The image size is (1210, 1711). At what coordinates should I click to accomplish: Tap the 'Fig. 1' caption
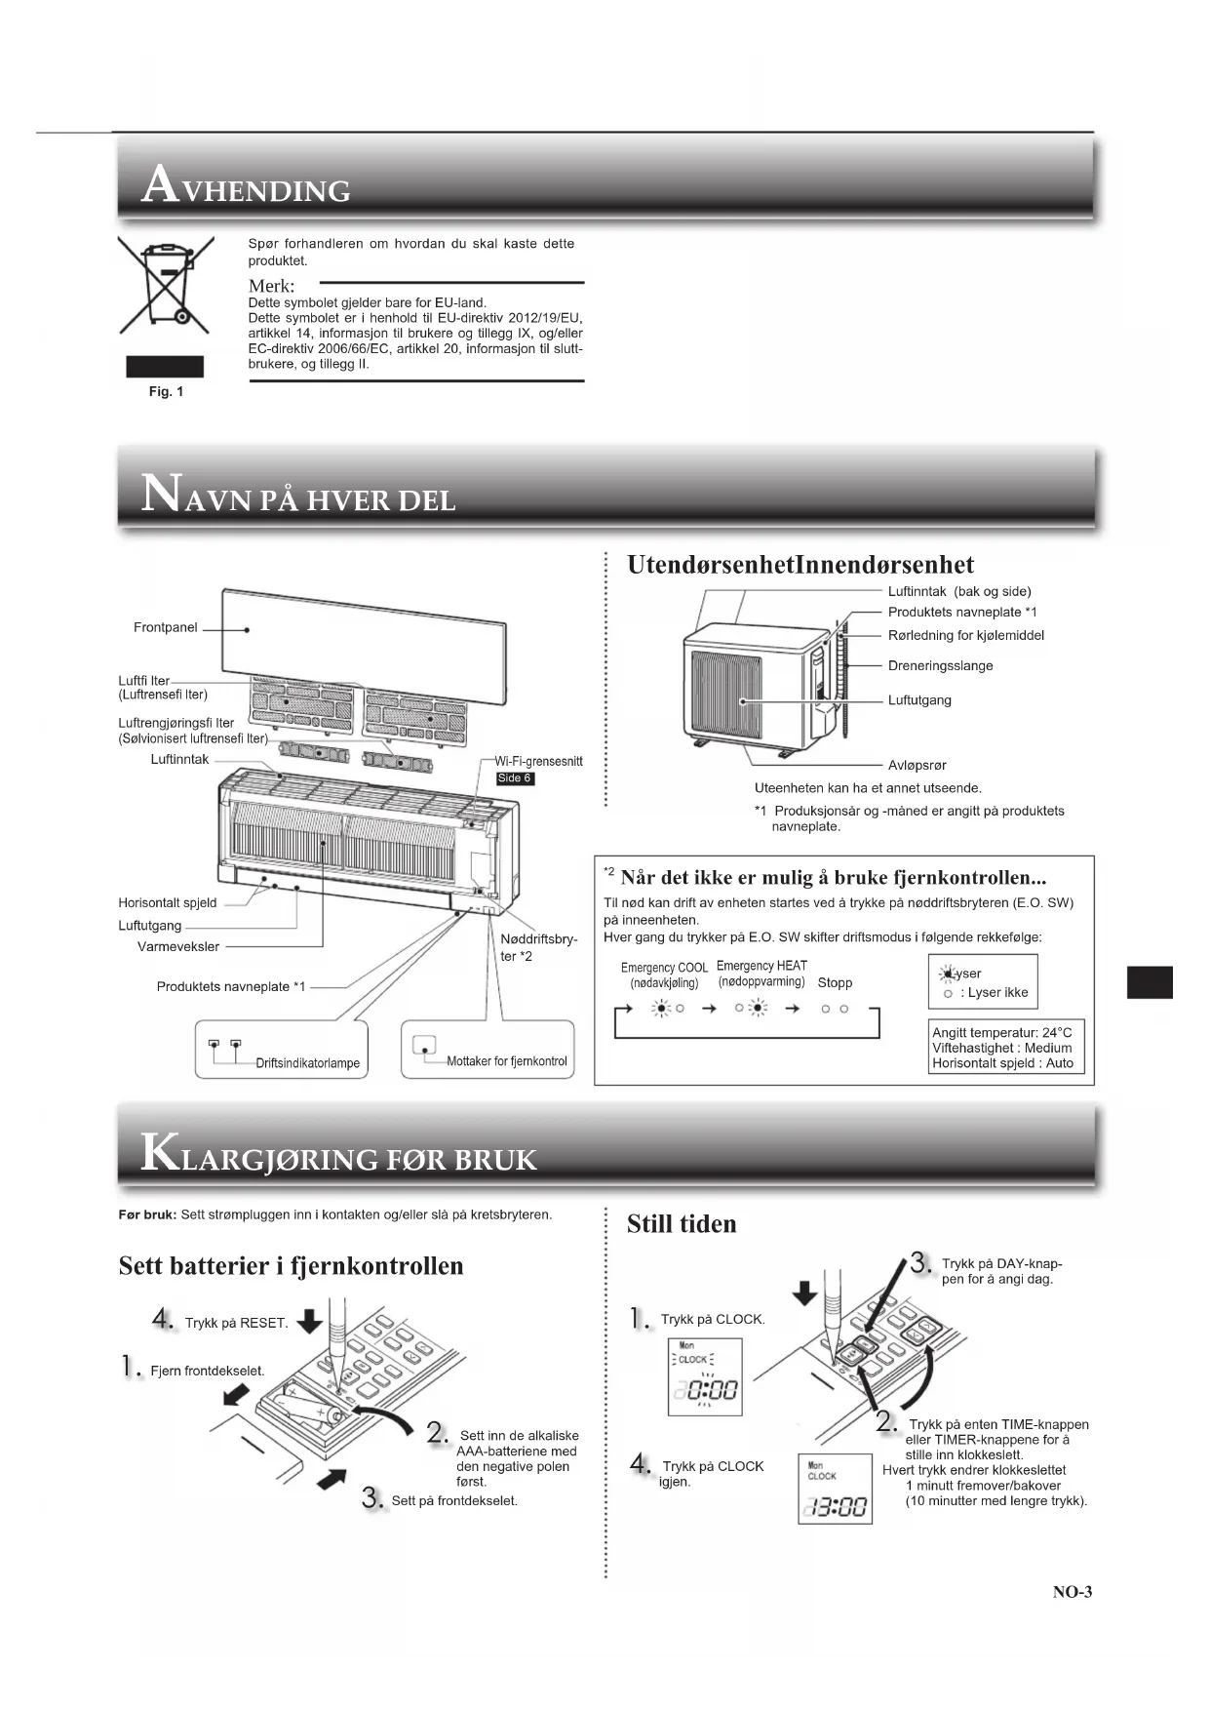166,391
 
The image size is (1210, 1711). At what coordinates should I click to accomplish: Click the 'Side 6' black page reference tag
515,778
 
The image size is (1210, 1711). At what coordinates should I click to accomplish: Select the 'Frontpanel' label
165,627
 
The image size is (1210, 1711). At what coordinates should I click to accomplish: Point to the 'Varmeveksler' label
178,946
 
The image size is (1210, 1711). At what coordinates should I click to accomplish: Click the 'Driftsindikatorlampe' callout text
307,1063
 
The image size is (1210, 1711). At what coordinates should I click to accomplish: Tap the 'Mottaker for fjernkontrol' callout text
506,1061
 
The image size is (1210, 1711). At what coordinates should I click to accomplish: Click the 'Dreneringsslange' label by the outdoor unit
940,665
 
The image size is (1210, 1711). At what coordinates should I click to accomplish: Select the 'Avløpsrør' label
917,765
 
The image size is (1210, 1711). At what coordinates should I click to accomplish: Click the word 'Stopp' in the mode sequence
835,982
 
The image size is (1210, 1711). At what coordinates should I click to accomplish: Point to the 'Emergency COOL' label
664,968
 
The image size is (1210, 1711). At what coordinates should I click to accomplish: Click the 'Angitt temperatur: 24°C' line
1001,1032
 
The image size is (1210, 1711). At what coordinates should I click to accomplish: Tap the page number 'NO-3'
1072,1592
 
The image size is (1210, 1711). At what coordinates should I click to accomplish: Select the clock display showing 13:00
835,1508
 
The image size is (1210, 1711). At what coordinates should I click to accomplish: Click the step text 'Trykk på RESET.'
236,1323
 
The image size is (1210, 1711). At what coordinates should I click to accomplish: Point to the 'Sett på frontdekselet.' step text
454,1500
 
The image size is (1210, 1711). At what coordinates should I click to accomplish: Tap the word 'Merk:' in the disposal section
271,286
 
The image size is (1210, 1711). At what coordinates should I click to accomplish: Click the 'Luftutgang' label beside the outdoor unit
918,699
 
